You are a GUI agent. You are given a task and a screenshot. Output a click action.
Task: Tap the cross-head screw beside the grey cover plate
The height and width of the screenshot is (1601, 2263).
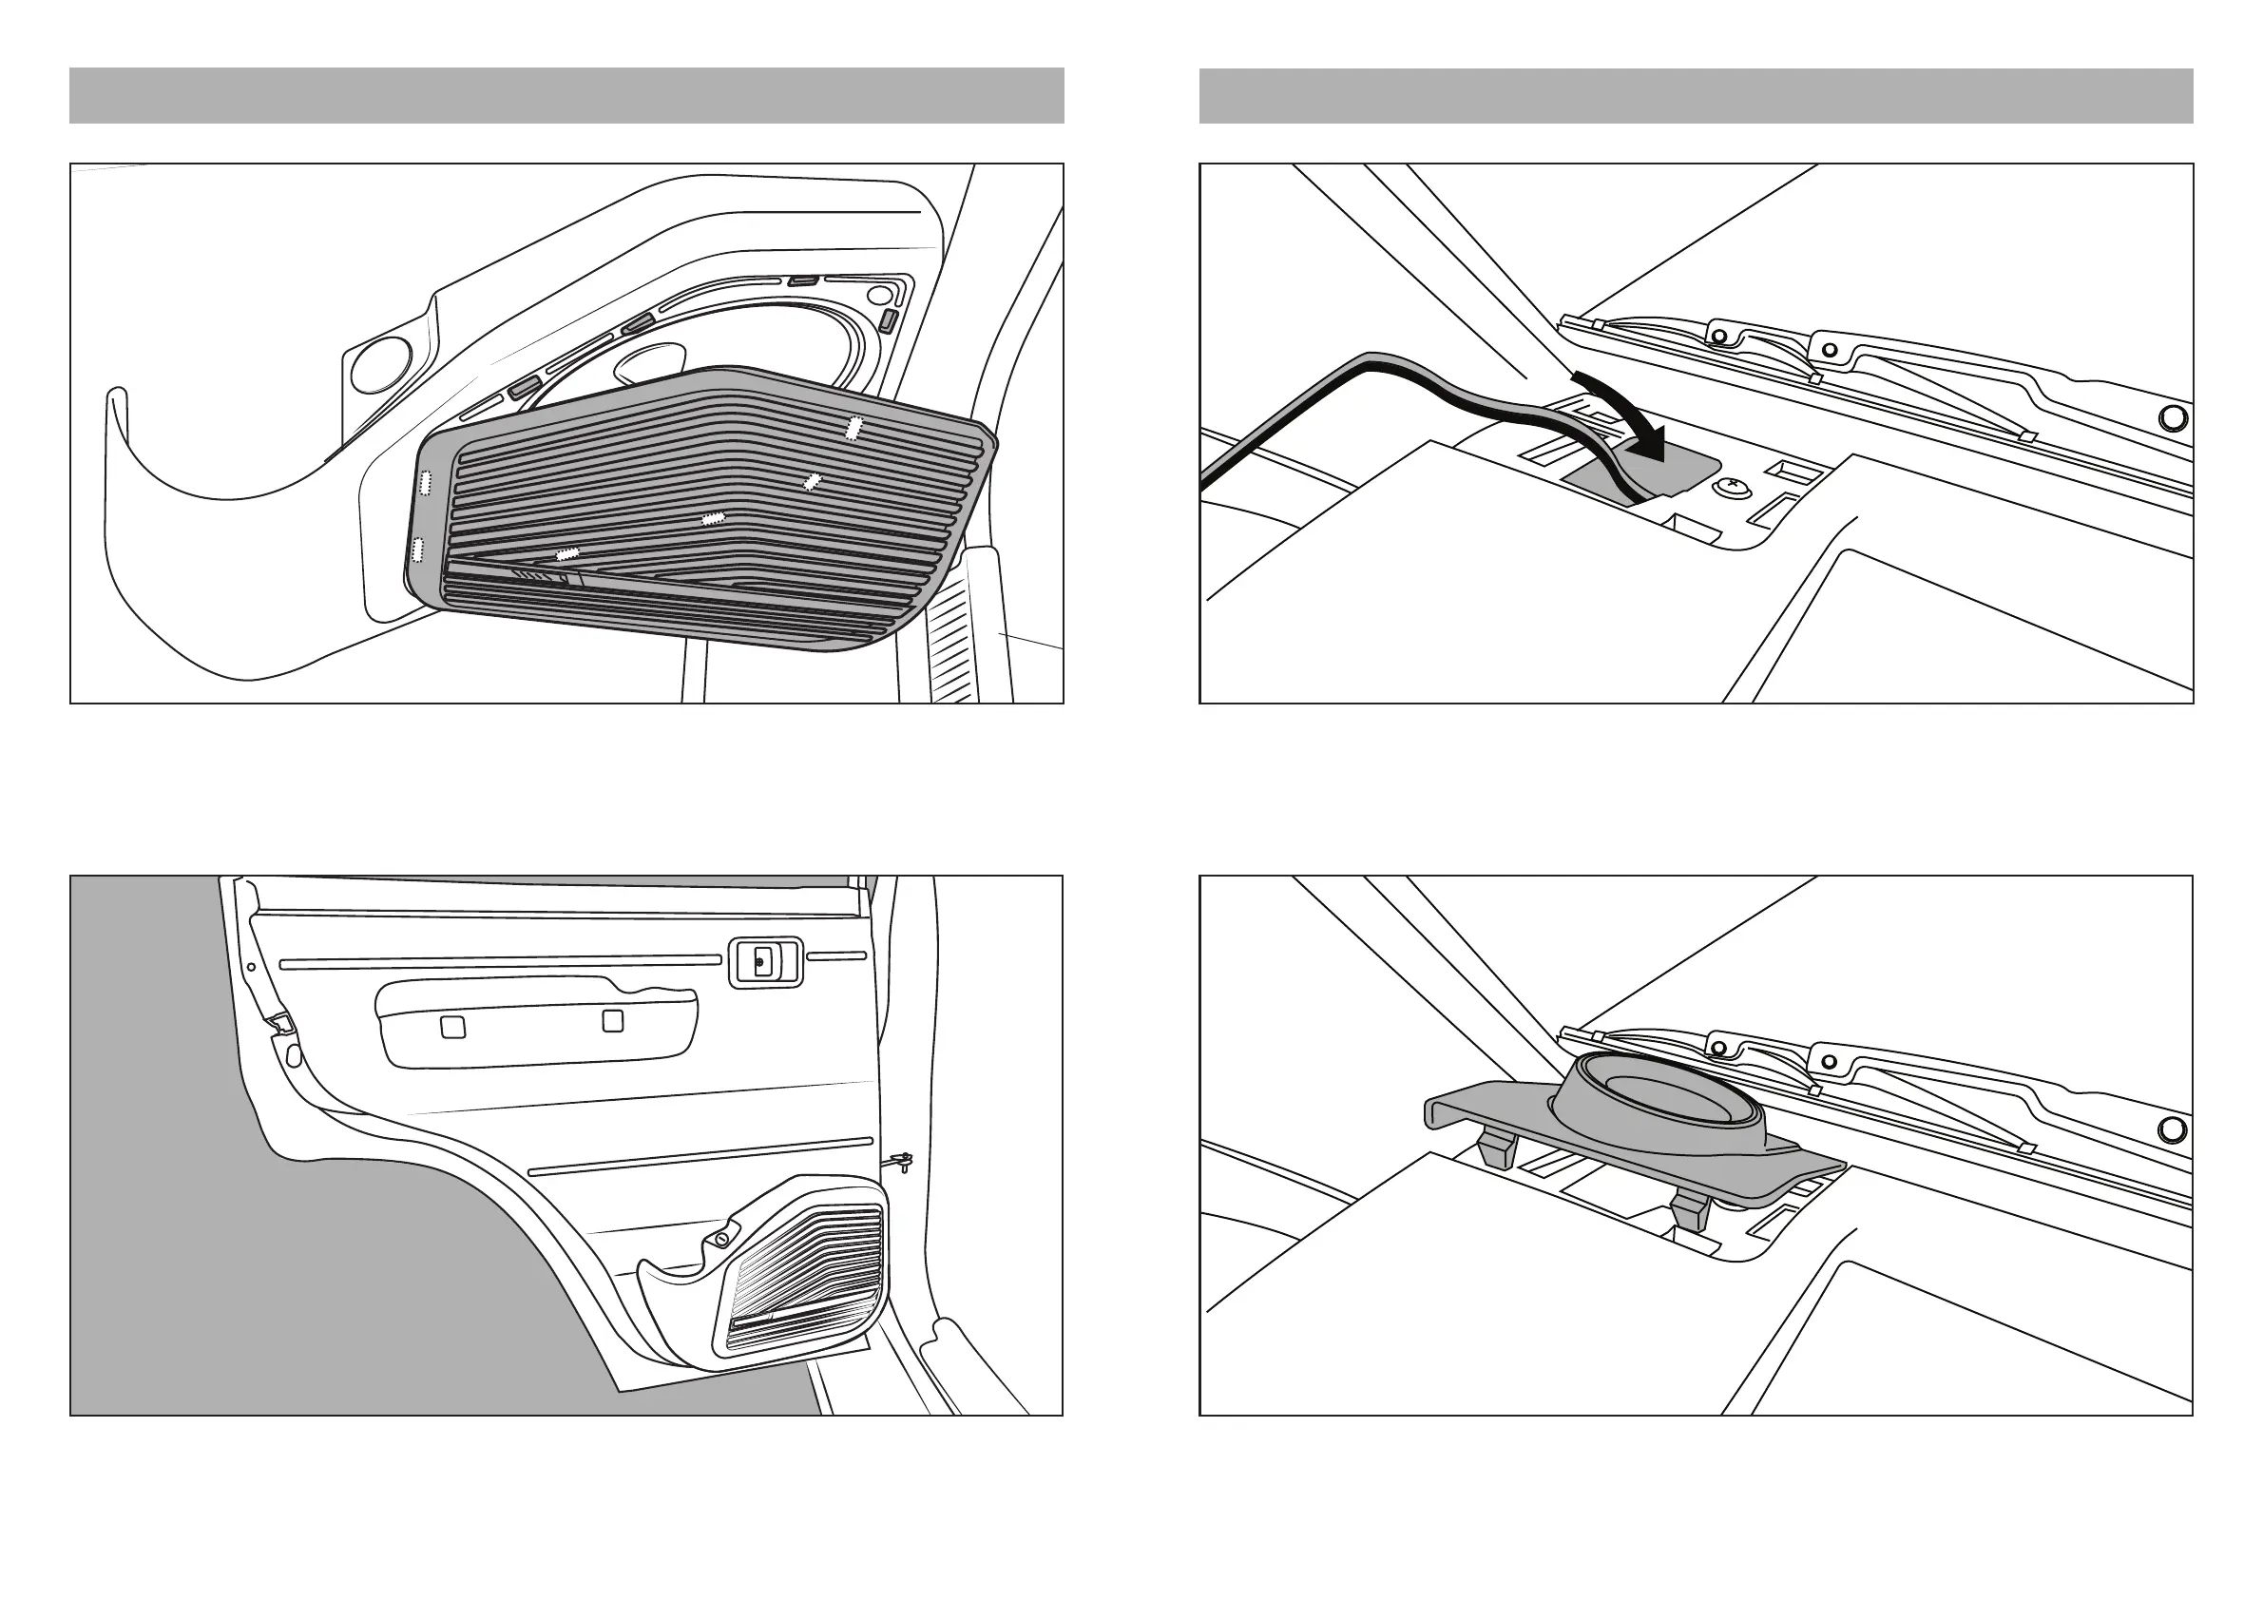pyautogui.click(x=1730, y=485)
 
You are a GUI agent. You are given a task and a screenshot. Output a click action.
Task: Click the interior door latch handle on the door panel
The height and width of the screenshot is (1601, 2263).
pyautogui.click(x=764, y=961)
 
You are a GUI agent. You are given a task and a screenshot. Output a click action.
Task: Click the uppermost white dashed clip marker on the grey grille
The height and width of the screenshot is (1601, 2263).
pyautogui.click(x=854, y=428)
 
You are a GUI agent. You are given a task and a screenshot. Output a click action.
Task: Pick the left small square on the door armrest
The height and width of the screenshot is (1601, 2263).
pyautogui.click(x=452, y=1026)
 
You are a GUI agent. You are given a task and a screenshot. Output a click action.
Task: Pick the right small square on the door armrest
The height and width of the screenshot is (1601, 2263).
pyautogui.click(x=612, y=1020)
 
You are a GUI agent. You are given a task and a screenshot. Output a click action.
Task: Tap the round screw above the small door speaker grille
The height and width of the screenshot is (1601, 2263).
pyautogui.click(x=722, y=1238)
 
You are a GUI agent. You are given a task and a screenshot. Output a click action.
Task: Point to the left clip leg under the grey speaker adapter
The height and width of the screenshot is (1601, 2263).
pyautogui.click(x=1497, y=1149)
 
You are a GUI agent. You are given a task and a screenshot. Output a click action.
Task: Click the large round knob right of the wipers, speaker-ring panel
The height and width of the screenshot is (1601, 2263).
pyautogui.click(x=2173, y=1129)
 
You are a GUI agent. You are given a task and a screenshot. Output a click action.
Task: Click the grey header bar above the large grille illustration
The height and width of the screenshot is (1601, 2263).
pyautogui.click(x=566, y=96)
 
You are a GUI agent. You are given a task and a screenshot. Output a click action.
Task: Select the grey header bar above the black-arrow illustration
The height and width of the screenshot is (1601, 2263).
pyautogui.click(x=1696, y=96)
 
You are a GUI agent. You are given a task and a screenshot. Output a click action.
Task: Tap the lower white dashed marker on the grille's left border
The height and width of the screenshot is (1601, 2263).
pyautogui.click(x=417, y=549)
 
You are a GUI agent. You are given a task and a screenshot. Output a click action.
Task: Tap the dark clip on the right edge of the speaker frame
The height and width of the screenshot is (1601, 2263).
pyautogui.click(x=887, y=319)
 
